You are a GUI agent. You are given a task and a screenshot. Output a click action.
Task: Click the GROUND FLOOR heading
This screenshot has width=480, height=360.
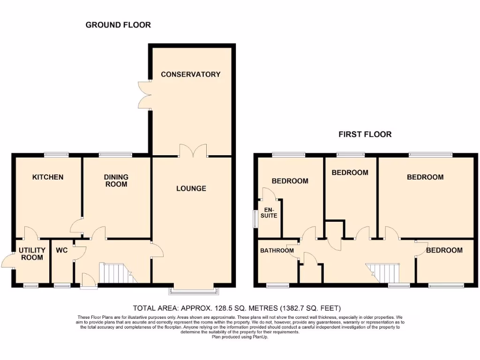tap(118, 25)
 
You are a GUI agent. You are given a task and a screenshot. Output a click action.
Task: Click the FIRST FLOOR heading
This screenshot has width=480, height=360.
tap(365, 135)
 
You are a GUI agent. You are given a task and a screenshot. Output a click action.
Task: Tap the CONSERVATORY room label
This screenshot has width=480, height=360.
tap(190, 75)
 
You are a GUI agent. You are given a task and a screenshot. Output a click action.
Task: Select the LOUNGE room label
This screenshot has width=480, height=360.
tap(191, 188)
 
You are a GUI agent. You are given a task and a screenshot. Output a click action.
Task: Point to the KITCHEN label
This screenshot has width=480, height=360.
tap(47, 177)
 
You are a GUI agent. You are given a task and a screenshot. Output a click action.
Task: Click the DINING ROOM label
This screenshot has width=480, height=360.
tap(116, 180)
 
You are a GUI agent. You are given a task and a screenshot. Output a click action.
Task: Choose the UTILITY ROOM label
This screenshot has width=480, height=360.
tap(32, 254)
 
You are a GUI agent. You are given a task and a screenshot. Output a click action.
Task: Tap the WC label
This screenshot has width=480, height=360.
tap(62, 251)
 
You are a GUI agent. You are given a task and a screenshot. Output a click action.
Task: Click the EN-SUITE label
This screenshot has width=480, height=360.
tap(270, 213)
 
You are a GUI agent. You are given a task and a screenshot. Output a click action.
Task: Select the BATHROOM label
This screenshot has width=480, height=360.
tap(277, 250)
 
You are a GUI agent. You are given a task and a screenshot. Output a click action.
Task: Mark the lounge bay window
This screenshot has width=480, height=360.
tap(194, 290)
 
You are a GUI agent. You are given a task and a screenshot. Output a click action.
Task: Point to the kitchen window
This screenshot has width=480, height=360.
tap(56, 154)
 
